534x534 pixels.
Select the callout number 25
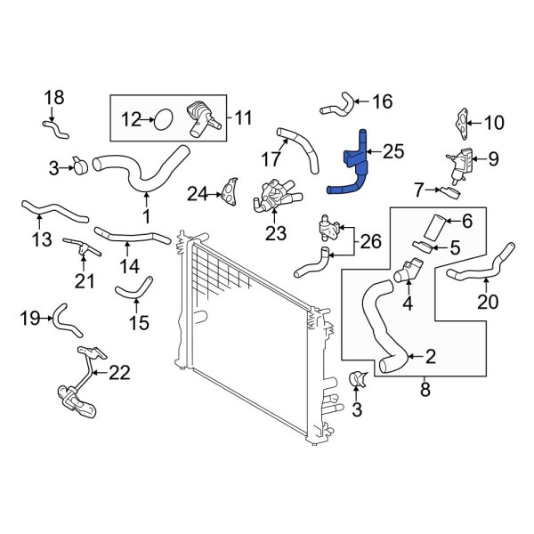pyautogui.click(x=392, y=152)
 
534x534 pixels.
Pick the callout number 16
pyautogui.click(x=381, y=101)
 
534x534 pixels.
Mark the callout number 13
pyautogui.click(x=41, y=239)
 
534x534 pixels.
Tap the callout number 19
pyautogui.click(x=29, y=317)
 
